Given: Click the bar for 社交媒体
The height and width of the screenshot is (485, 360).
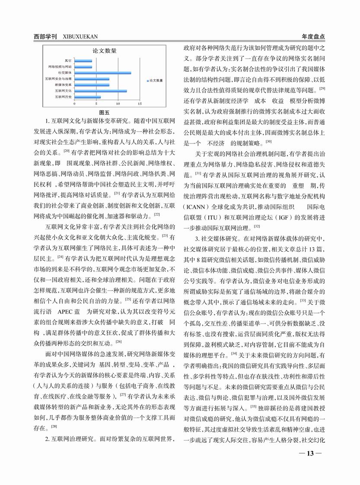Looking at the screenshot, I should pyautogui.click(x=102, y=73).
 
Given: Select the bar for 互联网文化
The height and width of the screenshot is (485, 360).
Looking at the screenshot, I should pyautogui.click(x=100, y=91).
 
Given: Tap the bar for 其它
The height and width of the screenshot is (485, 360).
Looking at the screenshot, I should pyautogui.click(x=83, y=60).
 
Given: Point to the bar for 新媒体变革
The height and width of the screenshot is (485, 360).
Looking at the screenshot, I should pyautogui.click(x=91, y=85).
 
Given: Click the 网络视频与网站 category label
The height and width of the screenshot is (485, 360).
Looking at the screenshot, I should pyautogui.click(x=60, y=67).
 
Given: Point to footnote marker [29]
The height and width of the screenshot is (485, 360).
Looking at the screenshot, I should pyautogui.click(x=322, y=89).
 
